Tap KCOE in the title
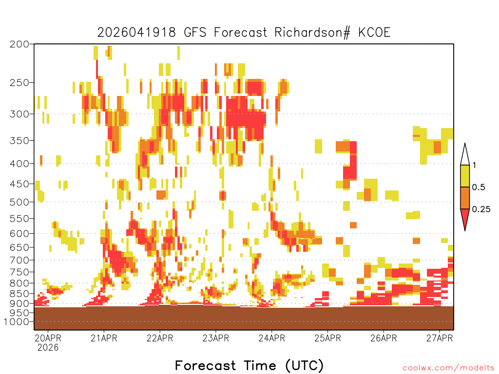coord(374,33)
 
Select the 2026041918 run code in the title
coord(136,33)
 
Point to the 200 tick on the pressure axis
coord(19,44)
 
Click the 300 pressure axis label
coord(19,114)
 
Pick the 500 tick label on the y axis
coord(19,202)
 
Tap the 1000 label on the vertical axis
coord(16,322)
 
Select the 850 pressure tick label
coord(19,294)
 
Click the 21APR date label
coord(104,338)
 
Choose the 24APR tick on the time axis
coord(272,338)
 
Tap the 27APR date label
coord(440,338)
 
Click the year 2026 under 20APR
coord(48,348)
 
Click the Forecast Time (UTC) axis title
coord(249,366)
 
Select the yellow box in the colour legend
coord(465,176)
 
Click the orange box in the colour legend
coord(465,198)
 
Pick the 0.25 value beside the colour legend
coord(481,209)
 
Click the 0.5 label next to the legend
coord(479,187)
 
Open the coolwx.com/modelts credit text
coord(449,368)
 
